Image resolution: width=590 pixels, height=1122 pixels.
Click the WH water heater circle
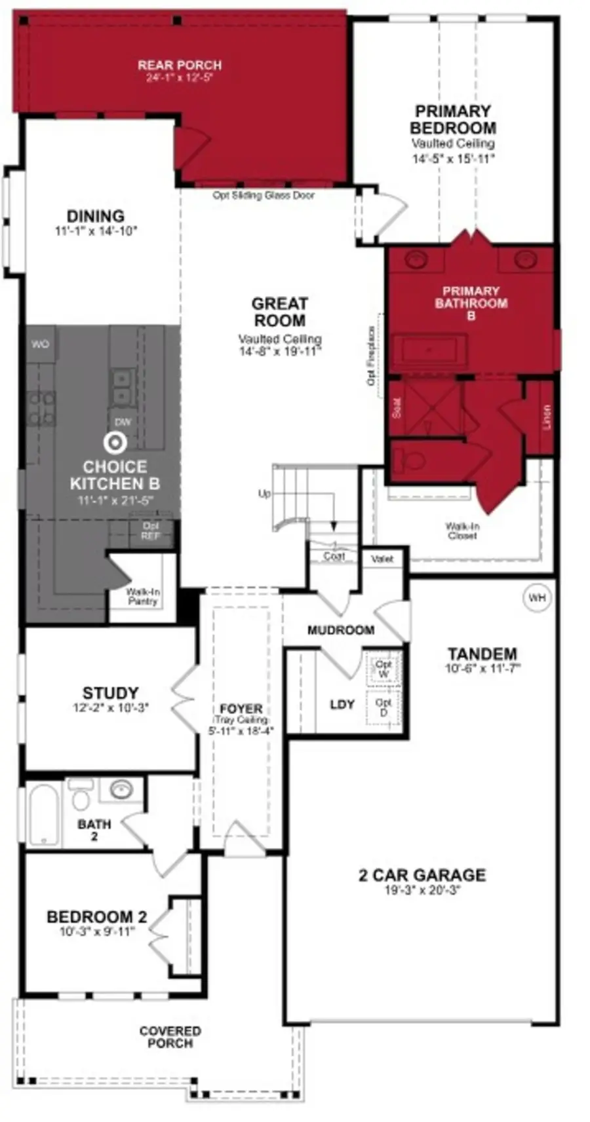[x=536, y=597]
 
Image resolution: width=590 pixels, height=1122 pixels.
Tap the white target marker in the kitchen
[x=117, y=443]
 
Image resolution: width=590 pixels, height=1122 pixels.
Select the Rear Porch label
[x=180, y=65]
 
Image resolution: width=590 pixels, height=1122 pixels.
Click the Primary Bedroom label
[x=452, y=119]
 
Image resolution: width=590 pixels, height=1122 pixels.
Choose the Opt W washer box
[x=383, y=669]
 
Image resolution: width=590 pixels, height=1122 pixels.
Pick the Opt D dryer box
[x=383, y=707]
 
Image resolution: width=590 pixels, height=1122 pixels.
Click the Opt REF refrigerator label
[x=151, y=531]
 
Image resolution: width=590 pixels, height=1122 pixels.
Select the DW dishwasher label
[x=123, y=422]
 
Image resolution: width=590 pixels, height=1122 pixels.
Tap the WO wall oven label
[x=40, y=344]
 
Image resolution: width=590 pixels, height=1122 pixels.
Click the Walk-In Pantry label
[x=143, y=596]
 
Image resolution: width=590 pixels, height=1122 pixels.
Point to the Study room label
[x=110, y=692]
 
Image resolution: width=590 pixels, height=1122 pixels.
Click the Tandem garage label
[x=482, y=654]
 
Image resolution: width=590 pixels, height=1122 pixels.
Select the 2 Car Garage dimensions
[x=422, y=890]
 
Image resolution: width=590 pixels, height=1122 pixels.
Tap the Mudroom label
[x=341, y=630]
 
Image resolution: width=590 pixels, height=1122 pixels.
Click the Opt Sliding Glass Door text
[x=264, y=195]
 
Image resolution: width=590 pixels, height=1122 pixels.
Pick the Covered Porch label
[x=170, y=1037]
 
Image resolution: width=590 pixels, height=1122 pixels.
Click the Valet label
[x=382, y=559]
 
